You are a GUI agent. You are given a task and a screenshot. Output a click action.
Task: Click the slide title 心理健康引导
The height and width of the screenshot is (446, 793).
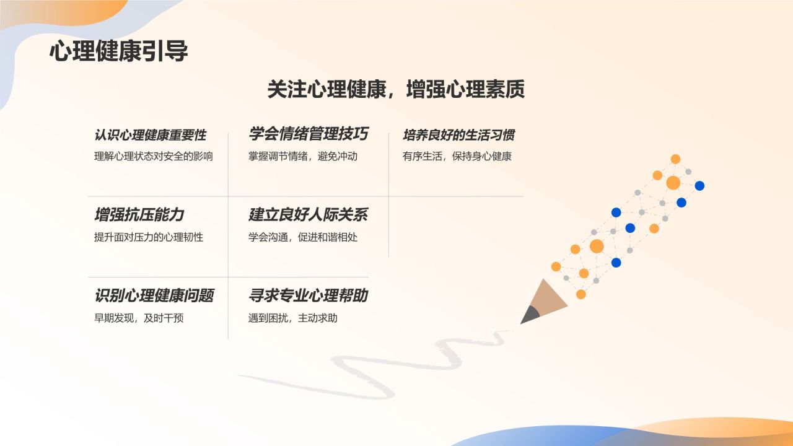pyautogui.click(x=118, y=51)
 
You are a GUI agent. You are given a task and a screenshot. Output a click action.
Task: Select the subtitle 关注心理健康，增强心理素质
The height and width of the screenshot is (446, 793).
pyautogui.click(x=396, y=89)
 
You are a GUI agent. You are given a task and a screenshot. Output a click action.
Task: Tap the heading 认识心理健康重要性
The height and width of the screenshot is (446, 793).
pyautogui.click(x=151, y=135)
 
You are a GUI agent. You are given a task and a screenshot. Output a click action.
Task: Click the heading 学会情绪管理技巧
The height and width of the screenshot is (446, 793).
pyautogui.click(x=309, y=134)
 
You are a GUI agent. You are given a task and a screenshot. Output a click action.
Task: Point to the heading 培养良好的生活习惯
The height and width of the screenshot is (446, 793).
pyautogui.click(x=458, y=135)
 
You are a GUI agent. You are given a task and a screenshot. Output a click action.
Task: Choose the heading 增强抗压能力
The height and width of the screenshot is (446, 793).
pyautogui.click(x=139, y=215)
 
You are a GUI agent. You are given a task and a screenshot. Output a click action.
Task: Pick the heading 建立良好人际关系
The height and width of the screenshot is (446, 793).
pyautogui.click(x=309, y=215)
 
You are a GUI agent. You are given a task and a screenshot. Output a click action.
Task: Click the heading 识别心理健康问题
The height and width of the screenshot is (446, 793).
pyautogui.click(x=154, y=295)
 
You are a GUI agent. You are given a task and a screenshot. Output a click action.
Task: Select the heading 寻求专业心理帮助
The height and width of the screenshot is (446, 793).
pyautogui.click(x=309, y=295)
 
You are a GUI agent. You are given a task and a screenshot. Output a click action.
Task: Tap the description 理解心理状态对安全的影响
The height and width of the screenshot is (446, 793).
pyautogui.click(x=153, y=156)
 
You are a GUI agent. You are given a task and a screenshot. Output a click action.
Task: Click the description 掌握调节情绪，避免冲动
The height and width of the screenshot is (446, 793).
pyautogui.click(x=303, y=156)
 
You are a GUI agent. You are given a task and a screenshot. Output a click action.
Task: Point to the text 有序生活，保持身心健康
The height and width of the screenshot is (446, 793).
pyautogui.click(x=457, y=156)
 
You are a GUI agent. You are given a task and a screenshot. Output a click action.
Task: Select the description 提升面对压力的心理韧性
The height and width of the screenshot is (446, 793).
pyautogui.click(x=149, y=237)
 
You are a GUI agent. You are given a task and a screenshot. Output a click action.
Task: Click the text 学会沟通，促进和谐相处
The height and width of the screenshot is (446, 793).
pyautogui.click(x=303, y=237)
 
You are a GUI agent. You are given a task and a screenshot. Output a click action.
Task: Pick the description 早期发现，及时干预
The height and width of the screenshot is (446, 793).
pyautogui.click(x=139, y=318)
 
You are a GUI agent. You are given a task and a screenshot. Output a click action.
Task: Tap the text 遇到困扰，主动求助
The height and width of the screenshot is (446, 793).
pyautogui.click(x=293, y=318)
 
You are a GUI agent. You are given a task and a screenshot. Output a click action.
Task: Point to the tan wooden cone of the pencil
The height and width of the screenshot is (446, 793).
pyautogui.click(x=547, y=297)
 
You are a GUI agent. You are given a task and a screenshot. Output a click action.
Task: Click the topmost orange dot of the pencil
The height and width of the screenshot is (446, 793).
pyautogui.click(x=675, y=159)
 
